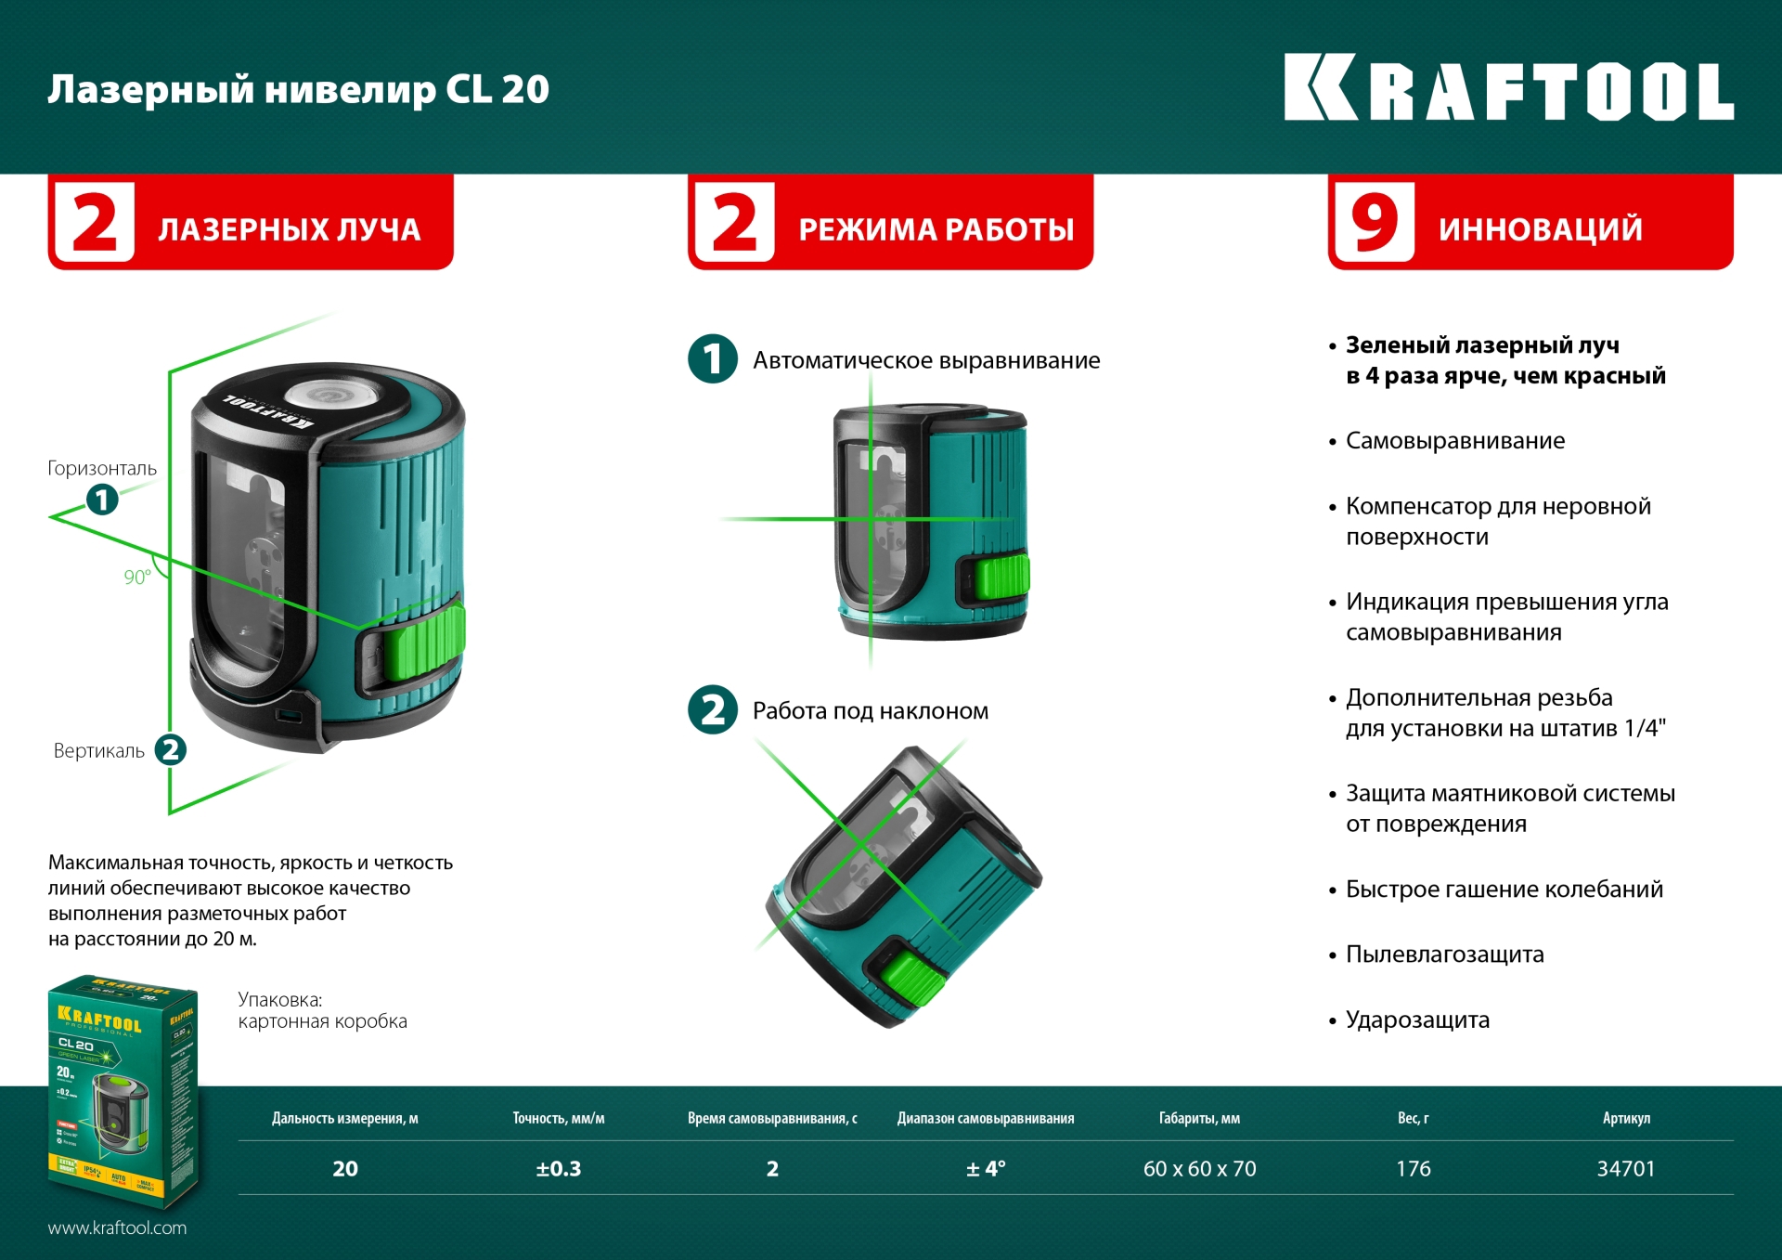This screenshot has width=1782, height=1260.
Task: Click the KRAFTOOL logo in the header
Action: pyautogui.click(x=1508, y=88)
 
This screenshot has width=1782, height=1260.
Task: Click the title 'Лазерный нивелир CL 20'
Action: pyautogui.click(x=298, y=89)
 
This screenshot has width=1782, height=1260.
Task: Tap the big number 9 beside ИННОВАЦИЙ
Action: pyautogui.click(x=1374, y=223)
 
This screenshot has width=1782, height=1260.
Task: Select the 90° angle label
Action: pyautogui.click(x=137, y=577)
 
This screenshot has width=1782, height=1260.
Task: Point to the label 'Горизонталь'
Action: pyautogui.click(x=102, y=468)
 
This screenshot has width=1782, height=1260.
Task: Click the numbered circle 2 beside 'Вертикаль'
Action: pyautogui.click(x=170, y=749)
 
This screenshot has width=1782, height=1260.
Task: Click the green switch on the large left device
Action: pyautogui.click(x=423, y=641)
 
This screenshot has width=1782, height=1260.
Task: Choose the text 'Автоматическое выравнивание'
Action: pyautogui.click(x=925, y=360)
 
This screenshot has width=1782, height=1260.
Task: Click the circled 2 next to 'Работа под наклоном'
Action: pyautogui.click(x=713, y=710)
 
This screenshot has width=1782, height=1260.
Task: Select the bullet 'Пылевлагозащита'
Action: pyautogui.click(x=1444, y=955)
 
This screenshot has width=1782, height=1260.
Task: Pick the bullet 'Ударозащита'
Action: pyautogui.click(x=1417, y=1020)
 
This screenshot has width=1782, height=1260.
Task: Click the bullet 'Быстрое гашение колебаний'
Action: pyautogui.click(x=1504, y=890)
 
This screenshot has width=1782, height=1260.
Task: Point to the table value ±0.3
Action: pyautogui.click(x=558, y=1169)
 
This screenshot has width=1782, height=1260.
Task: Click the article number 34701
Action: pyautogui.click(x=1625, y=1169)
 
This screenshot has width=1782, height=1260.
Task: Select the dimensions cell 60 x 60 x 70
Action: pyautogui.click(x=1199, y=1169)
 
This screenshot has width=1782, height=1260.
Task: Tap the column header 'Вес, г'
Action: pyautogui.click(x=1413, y=1118)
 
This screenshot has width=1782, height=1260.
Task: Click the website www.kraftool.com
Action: pyautogui.click(x=117, y=1228)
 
